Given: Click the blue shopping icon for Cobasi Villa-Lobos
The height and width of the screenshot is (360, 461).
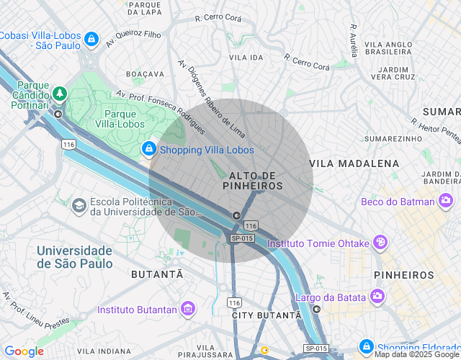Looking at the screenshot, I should (91, 38).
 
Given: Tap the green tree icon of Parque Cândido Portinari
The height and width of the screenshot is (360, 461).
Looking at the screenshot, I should (58, 94).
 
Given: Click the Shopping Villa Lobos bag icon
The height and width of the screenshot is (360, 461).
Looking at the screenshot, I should (148, 149).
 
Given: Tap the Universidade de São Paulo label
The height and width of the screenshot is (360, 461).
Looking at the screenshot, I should (74, 257).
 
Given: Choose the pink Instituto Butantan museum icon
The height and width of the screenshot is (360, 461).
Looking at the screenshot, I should (188, 310).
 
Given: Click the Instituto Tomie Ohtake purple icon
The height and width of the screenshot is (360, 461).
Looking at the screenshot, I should (380, 243).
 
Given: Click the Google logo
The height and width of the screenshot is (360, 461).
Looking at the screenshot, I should (24, 351).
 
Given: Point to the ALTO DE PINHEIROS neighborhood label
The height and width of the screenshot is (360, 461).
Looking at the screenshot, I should (252, 181).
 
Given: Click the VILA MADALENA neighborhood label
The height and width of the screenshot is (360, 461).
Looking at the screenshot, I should (354, 163).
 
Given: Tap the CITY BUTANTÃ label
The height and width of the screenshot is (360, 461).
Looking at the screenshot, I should (267, 315).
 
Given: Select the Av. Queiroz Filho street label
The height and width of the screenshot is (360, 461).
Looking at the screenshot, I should (133, 38).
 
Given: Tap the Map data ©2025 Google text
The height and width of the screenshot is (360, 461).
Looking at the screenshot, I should (416, 354).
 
